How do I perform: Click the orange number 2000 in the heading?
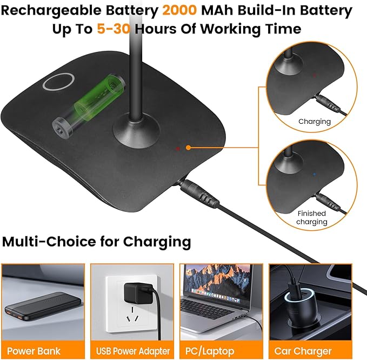tap(179, 10)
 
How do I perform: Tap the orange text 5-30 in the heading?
tap(114, 29)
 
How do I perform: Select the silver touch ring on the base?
tap(58, 82)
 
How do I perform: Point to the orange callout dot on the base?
tap(188, 148)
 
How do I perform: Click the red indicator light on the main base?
tap(178, 149)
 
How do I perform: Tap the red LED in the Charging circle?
tap(315, 75)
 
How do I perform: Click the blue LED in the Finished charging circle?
tap(315, 175)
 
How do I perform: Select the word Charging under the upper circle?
tap(315, 122)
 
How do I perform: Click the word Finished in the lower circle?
tap(312, 213)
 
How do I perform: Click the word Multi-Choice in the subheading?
tap(49, 241)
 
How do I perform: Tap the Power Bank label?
tap(34, 351)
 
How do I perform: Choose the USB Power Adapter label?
tap(133, 351)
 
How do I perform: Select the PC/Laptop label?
tap(210, 351)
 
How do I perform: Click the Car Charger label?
tap(303, 351)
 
